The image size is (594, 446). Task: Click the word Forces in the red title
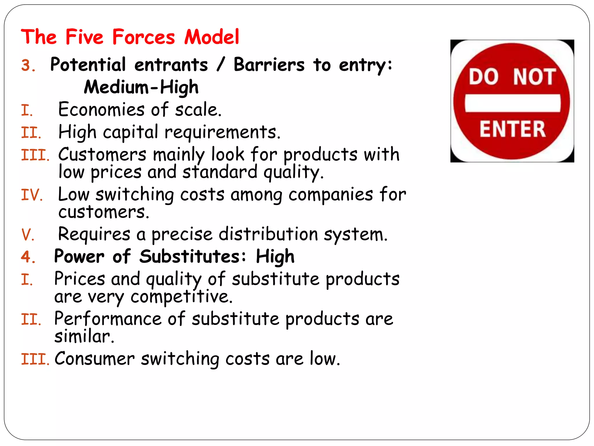click(x=144, y=37)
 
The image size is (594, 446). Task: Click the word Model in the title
click(x=212, y=37)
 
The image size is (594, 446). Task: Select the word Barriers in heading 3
click(x=269, y=64)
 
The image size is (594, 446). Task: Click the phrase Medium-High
click(x=141, y=87)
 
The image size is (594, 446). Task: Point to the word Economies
click(x=101, y=110)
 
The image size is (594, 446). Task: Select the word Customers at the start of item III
click(x=102, y=154)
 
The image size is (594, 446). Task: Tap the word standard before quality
click(x=220, y=172)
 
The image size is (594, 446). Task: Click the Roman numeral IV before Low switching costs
click(x=31, y=195)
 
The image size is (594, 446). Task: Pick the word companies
click(x=330, y=195)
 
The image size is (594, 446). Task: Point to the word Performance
click(x=108, y=319)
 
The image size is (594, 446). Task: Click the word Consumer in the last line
click(x=95, y=359)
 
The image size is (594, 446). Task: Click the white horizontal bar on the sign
click(x=512, y=103)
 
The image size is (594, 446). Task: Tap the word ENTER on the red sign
click(x=512, y=129)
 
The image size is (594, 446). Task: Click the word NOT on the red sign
click(x=534, y=77)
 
